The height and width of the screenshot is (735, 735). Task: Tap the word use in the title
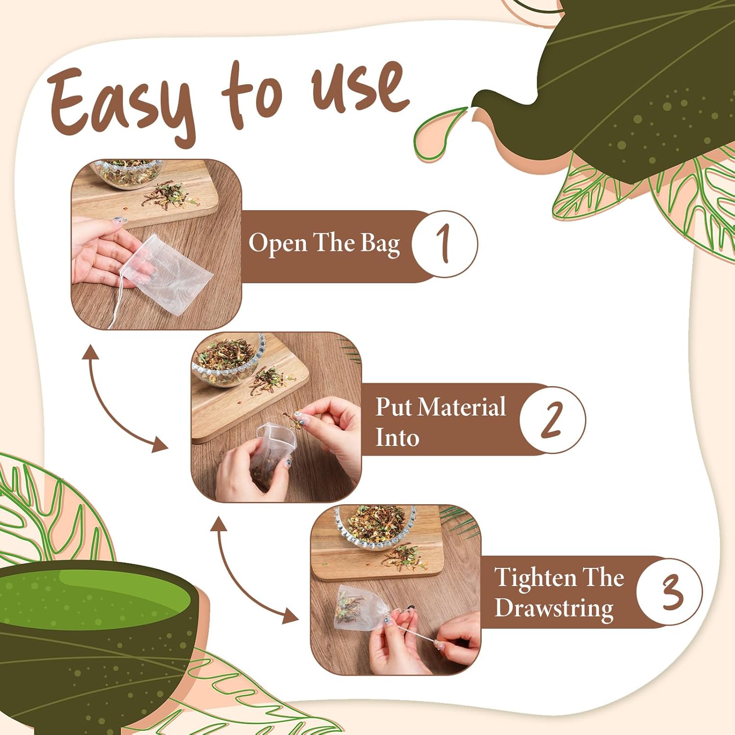pyautogui.click(x=360, y=88)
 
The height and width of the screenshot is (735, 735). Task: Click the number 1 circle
pyautogui.click(x=444, y=244)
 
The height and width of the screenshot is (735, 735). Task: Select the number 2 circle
pyautogui.click(x=552, y=419)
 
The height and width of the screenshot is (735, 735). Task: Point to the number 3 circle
pyautogui.click(x=669, y=591)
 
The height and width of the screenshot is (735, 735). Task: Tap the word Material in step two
pyautogui.click(x=463, y=407)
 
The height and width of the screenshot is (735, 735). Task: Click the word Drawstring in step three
pyautogui.click(x=554, y=609)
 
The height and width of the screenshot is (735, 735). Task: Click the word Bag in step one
pyautogui.click(x=381, y=245)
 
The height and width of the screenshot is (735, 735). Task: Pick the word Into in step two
pyautogui.click(x=397, y=438)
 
